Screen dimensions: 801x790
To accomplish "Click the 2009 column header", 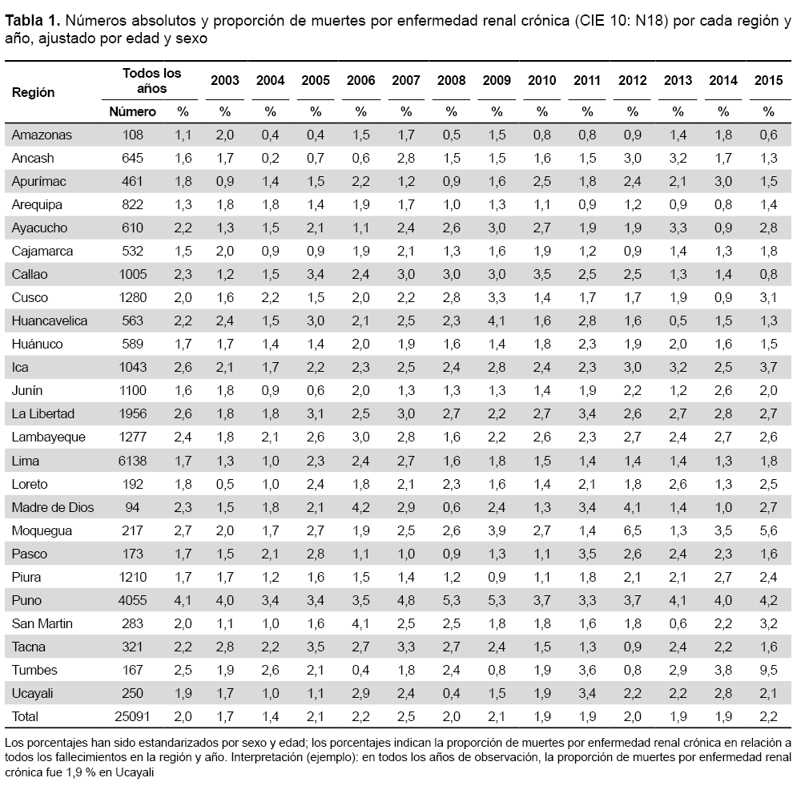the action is [x=497, y=80].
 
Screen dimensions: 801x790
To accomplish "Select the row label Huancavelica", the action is [x=50, y=320].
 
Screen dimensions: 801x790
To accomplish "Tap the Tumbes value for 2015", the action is [x=768, y=670].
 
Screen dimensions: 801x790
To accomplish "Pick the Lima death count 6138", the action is [x=132, y=461].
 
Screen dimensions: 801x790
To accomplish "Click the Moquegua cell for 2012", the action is [x=633, y=530].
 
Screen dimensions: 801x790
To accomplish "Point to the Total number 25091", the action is [x=132, y=716].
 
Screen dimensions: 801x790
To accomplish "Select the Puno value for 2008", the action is [x=452, y=600].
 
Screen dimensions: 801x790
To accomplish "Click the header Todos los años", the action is [x=151, y=81].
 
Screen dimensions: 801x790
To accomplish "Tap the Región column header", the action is [x=33, y=92].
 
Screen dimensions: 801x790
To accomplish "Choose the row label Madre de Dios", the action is [x=53, y=507].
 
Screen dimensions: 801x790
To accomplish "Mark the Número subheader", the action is [x=132, y=111].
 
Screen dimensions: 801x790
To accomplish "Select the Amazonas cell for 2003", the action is [x=225, y=135].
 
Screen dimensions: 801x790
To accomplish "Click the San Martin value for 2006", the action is [x=360, y=623].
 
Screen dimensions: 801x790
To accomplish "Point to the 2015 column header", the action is [x=768, y=80].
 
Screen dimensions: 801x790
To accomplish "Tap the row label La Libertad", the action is [x=43, y=413].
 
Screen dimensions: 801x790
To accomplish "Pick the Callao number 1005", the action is [x=132, y=274].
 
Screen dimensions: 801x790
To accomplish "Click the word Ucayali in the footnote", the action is [x=135, y=772].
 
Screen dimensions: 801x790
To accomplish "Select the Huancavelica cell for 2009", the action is [x=497, y=320].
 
